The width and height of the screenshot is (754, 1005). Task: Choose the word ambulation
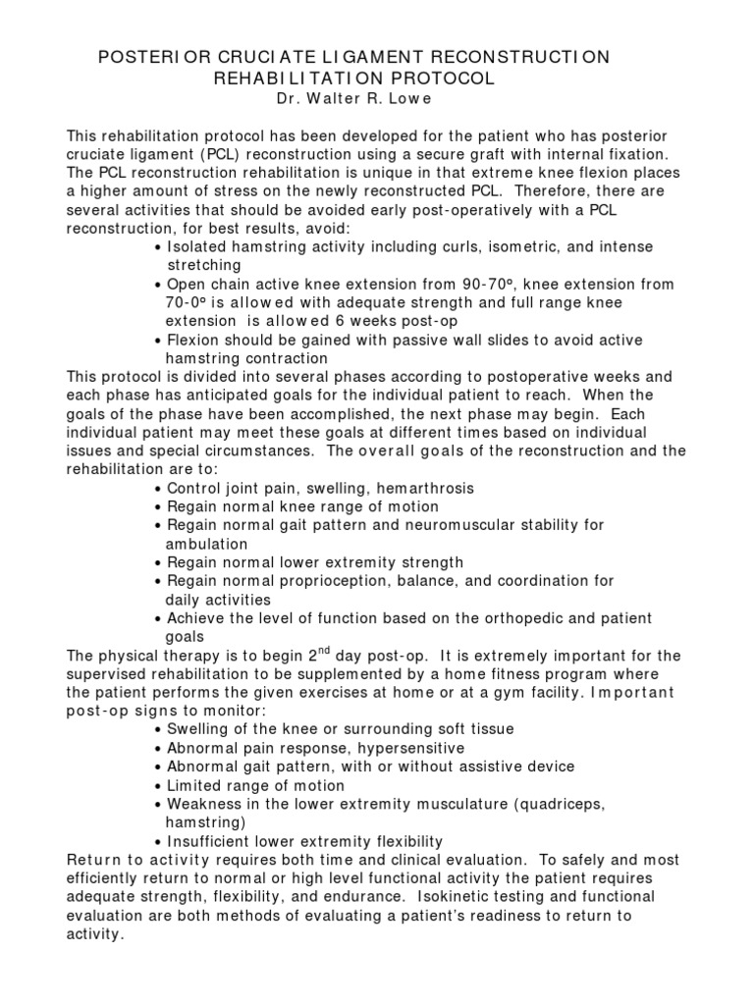pyautogui.click(x=206, y=544)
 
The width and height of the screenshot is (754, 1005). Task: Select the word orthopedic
pyautogui.click(x=512, y=618)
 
